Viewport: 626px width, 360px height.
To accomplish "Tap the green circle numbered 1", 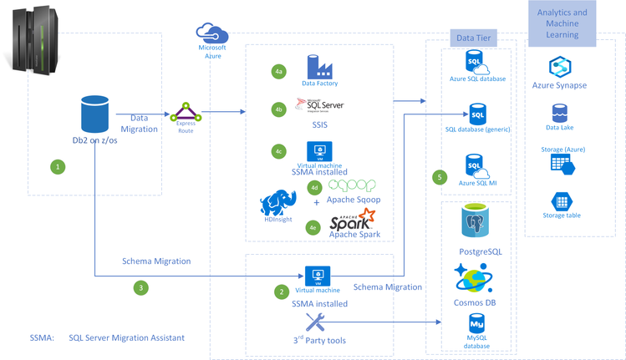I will click(x=58, y=166).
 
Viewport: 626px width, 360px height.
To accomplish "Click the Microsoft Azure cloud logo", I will click(x=212, y=33).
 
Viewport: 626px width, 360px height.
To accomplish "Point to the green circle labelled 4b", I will click(x=279, y=109).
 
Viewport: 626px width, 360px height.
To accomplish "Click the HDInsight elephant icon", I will click(x=277, y=203).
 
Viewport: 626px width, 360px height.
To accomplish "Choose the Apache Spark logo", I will click(x=352, y=221).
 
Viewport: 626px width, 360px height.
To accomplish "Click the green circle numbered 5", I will click(x=440, y=177).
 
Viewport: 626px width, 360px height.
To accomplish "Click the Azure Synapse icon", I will click(x=559, y=67).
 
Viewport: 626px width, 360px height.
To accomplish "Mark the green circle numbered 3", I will click(x=141, y=287).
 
